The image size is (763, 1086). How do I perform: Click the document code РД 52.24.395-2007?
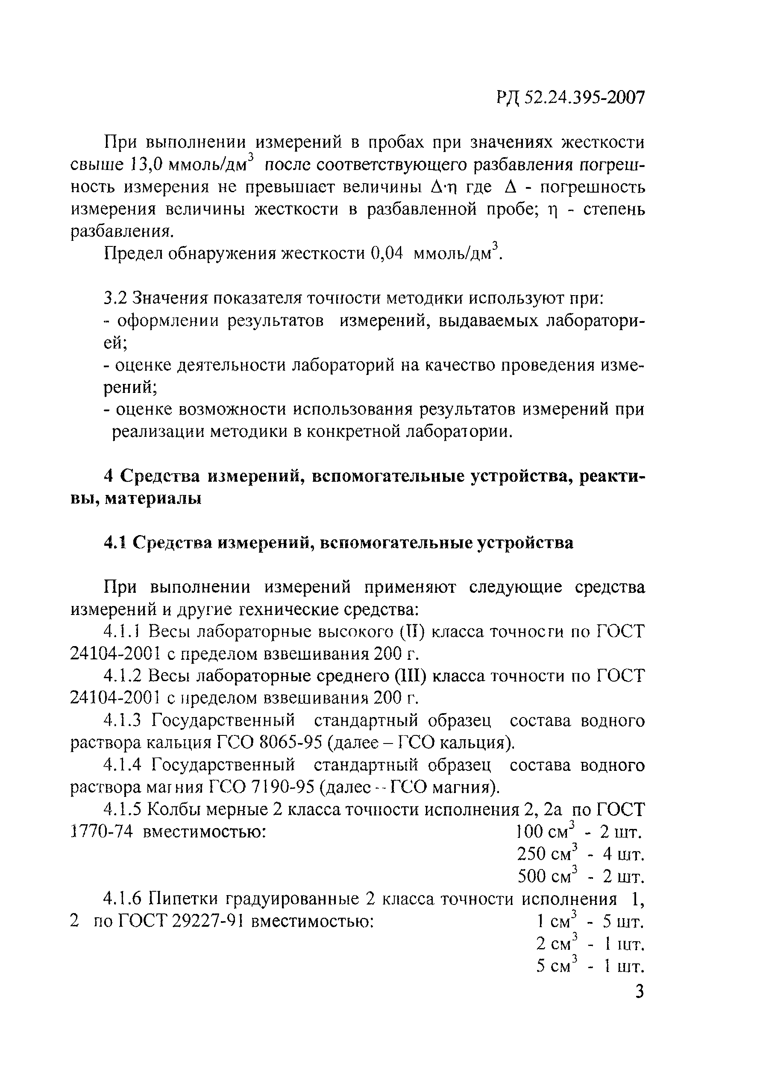[570, 98]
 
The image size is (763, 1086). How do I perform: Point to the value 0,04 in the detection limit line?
[387, 254]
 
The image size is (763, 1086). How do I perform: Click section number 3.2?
[115, 299]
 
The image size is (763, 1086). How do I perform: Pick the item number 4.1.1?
[122, 632]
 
